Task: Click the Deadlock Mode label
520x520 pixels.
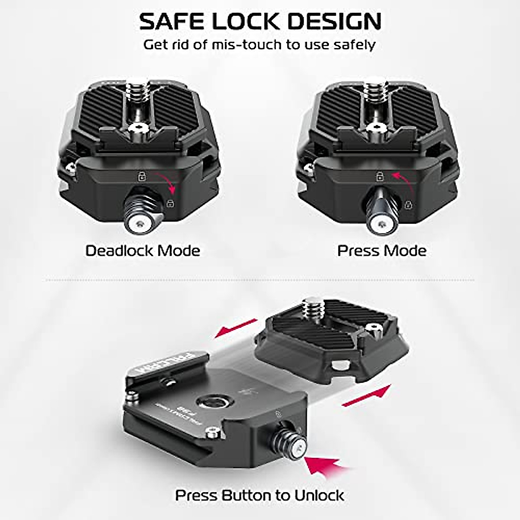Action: [143, 251]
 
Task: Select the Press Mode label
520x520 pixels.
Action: [382, 251]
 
